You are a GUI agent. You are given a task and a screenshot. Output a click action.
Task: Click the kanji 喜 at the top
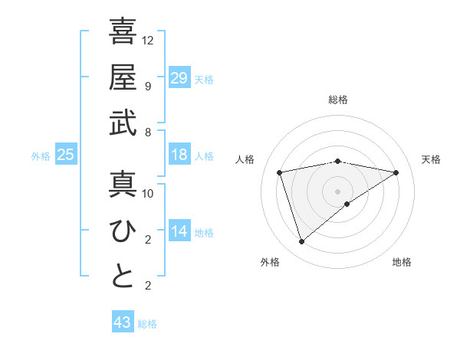click(123, 32)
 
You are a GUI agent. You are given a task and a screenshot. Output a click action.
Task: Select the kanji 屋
click(123, 77)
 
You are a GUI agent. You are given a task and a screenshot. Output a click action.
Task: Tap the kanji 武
click(123, 123)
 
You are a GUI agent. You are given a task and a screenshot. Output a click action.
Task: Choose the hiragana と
click(123, 277)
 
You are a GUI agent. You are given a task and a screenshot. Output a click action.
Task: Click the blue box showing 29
click(179, 77)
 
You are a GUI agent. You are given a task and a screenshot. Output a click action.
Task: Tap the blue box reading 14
click(179, 231)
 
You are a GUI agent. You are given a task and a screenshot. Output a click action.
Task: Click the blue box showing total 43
click(123, 322)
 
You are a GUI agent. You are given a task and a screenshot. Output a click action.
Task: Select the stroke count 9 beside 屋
click(147, 86)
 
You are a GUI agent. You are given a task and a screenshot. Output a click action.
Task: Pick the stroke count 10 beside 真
click(148, 193)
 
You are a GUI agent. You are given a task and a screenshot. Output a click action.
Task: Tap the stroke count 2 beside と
click(147, 286)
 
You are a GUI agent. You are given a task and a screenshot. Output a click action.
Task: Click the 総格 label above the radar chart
click(338, 100)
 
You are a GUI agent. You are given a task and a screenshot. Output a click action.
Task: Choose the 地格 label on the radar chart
click(402, 263)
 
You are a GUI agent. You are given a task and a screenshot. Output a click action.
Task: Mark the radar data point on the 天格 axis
click(396, 172)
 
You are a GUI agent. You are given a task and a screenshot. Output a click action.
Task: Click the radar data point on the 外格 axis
click(302, 242)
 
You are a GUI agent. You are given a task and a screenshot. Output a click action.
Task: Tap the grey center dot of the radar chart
click(338, 191)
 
